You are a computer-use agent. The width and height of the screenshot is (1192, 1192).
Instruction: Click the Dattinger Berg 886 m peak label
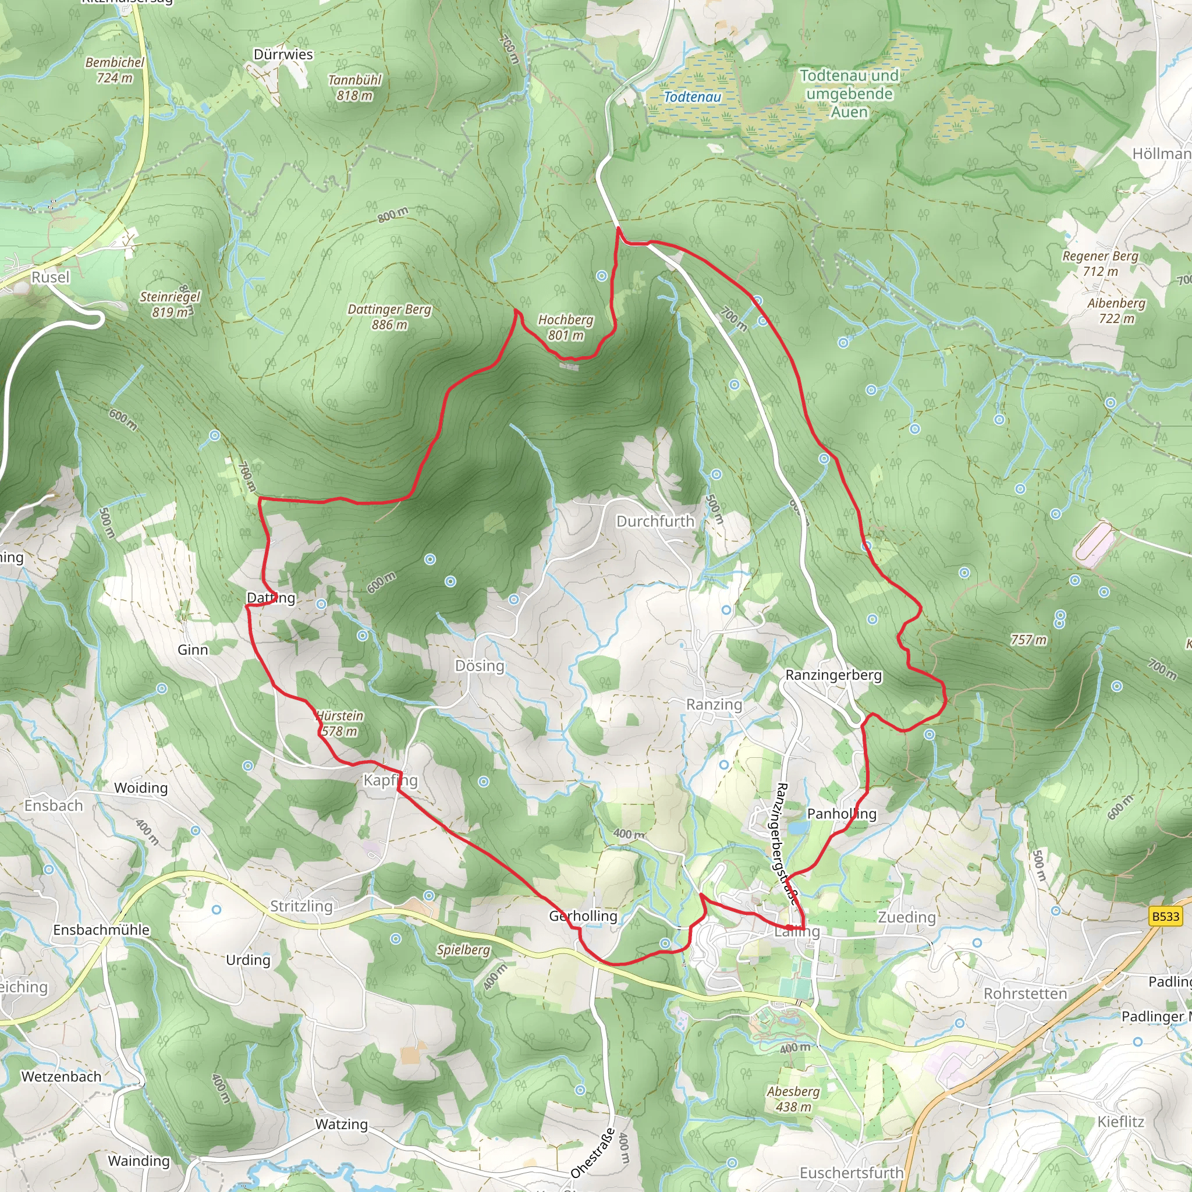click(x=389, y=317)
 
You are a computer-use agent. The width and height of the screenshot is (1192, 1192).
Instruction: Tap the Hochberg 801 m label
click(x=565, y=327)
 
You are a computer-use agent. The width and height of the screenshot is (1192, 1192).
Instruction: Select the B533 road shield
click(x=1165, y=916)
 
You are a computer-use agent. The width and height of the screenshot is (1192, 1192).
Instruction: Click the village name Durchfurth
click(x=655, y=521)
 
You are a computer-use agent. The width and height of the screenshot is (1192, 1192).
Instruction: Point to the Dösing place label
click(x=480, y=666)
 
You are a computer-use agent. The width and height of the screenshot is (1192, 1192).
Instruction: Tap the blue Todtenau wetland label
click(x=692, y=97)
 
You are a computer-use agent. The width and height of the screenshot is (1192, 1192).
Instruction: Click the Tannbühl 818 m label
click(x=355, y=88)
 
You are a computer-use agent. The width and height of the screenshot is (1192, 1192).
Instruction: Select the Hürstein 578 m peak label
click(x=339, y=723)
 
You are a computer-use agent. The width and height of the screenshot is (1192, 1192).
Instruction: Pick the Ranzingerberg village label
click(x=833, y=675)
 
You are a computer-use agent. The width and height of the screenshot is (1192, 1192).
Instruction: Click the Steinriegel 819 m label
click(x=170, y=304)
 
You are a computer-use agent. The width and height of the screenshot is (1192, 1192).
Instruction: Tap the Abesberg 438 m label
click(x=793, y=1099)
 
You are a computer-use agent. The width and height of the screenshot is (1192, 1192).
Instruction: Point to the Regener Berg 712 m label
click(x=1100, y=264)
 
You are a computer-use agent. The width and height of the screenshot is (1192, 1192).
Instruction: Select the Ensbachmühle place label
click(x=101, y=930)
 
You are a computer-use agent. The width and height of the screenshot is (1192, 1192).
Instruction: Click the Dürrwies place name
click(x=283, y=54)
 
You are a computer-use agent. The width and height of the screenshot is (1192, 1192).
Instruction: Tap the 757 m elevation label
click(x=1028, y=640)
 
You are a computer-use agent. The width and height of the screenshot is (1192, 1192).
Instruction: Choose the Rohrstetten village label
click(x=1025, y=994)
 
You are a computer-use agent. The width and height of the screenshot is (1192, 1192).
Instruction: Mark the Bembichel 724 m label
click(x=115, y=70)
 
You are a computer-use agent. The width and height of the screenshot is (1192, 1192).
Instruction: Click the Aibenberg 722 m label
click(x=1116, y=310)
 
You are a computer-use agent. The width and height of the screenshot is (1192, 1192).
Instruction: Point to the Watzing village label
click(x=341, y=1124)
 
